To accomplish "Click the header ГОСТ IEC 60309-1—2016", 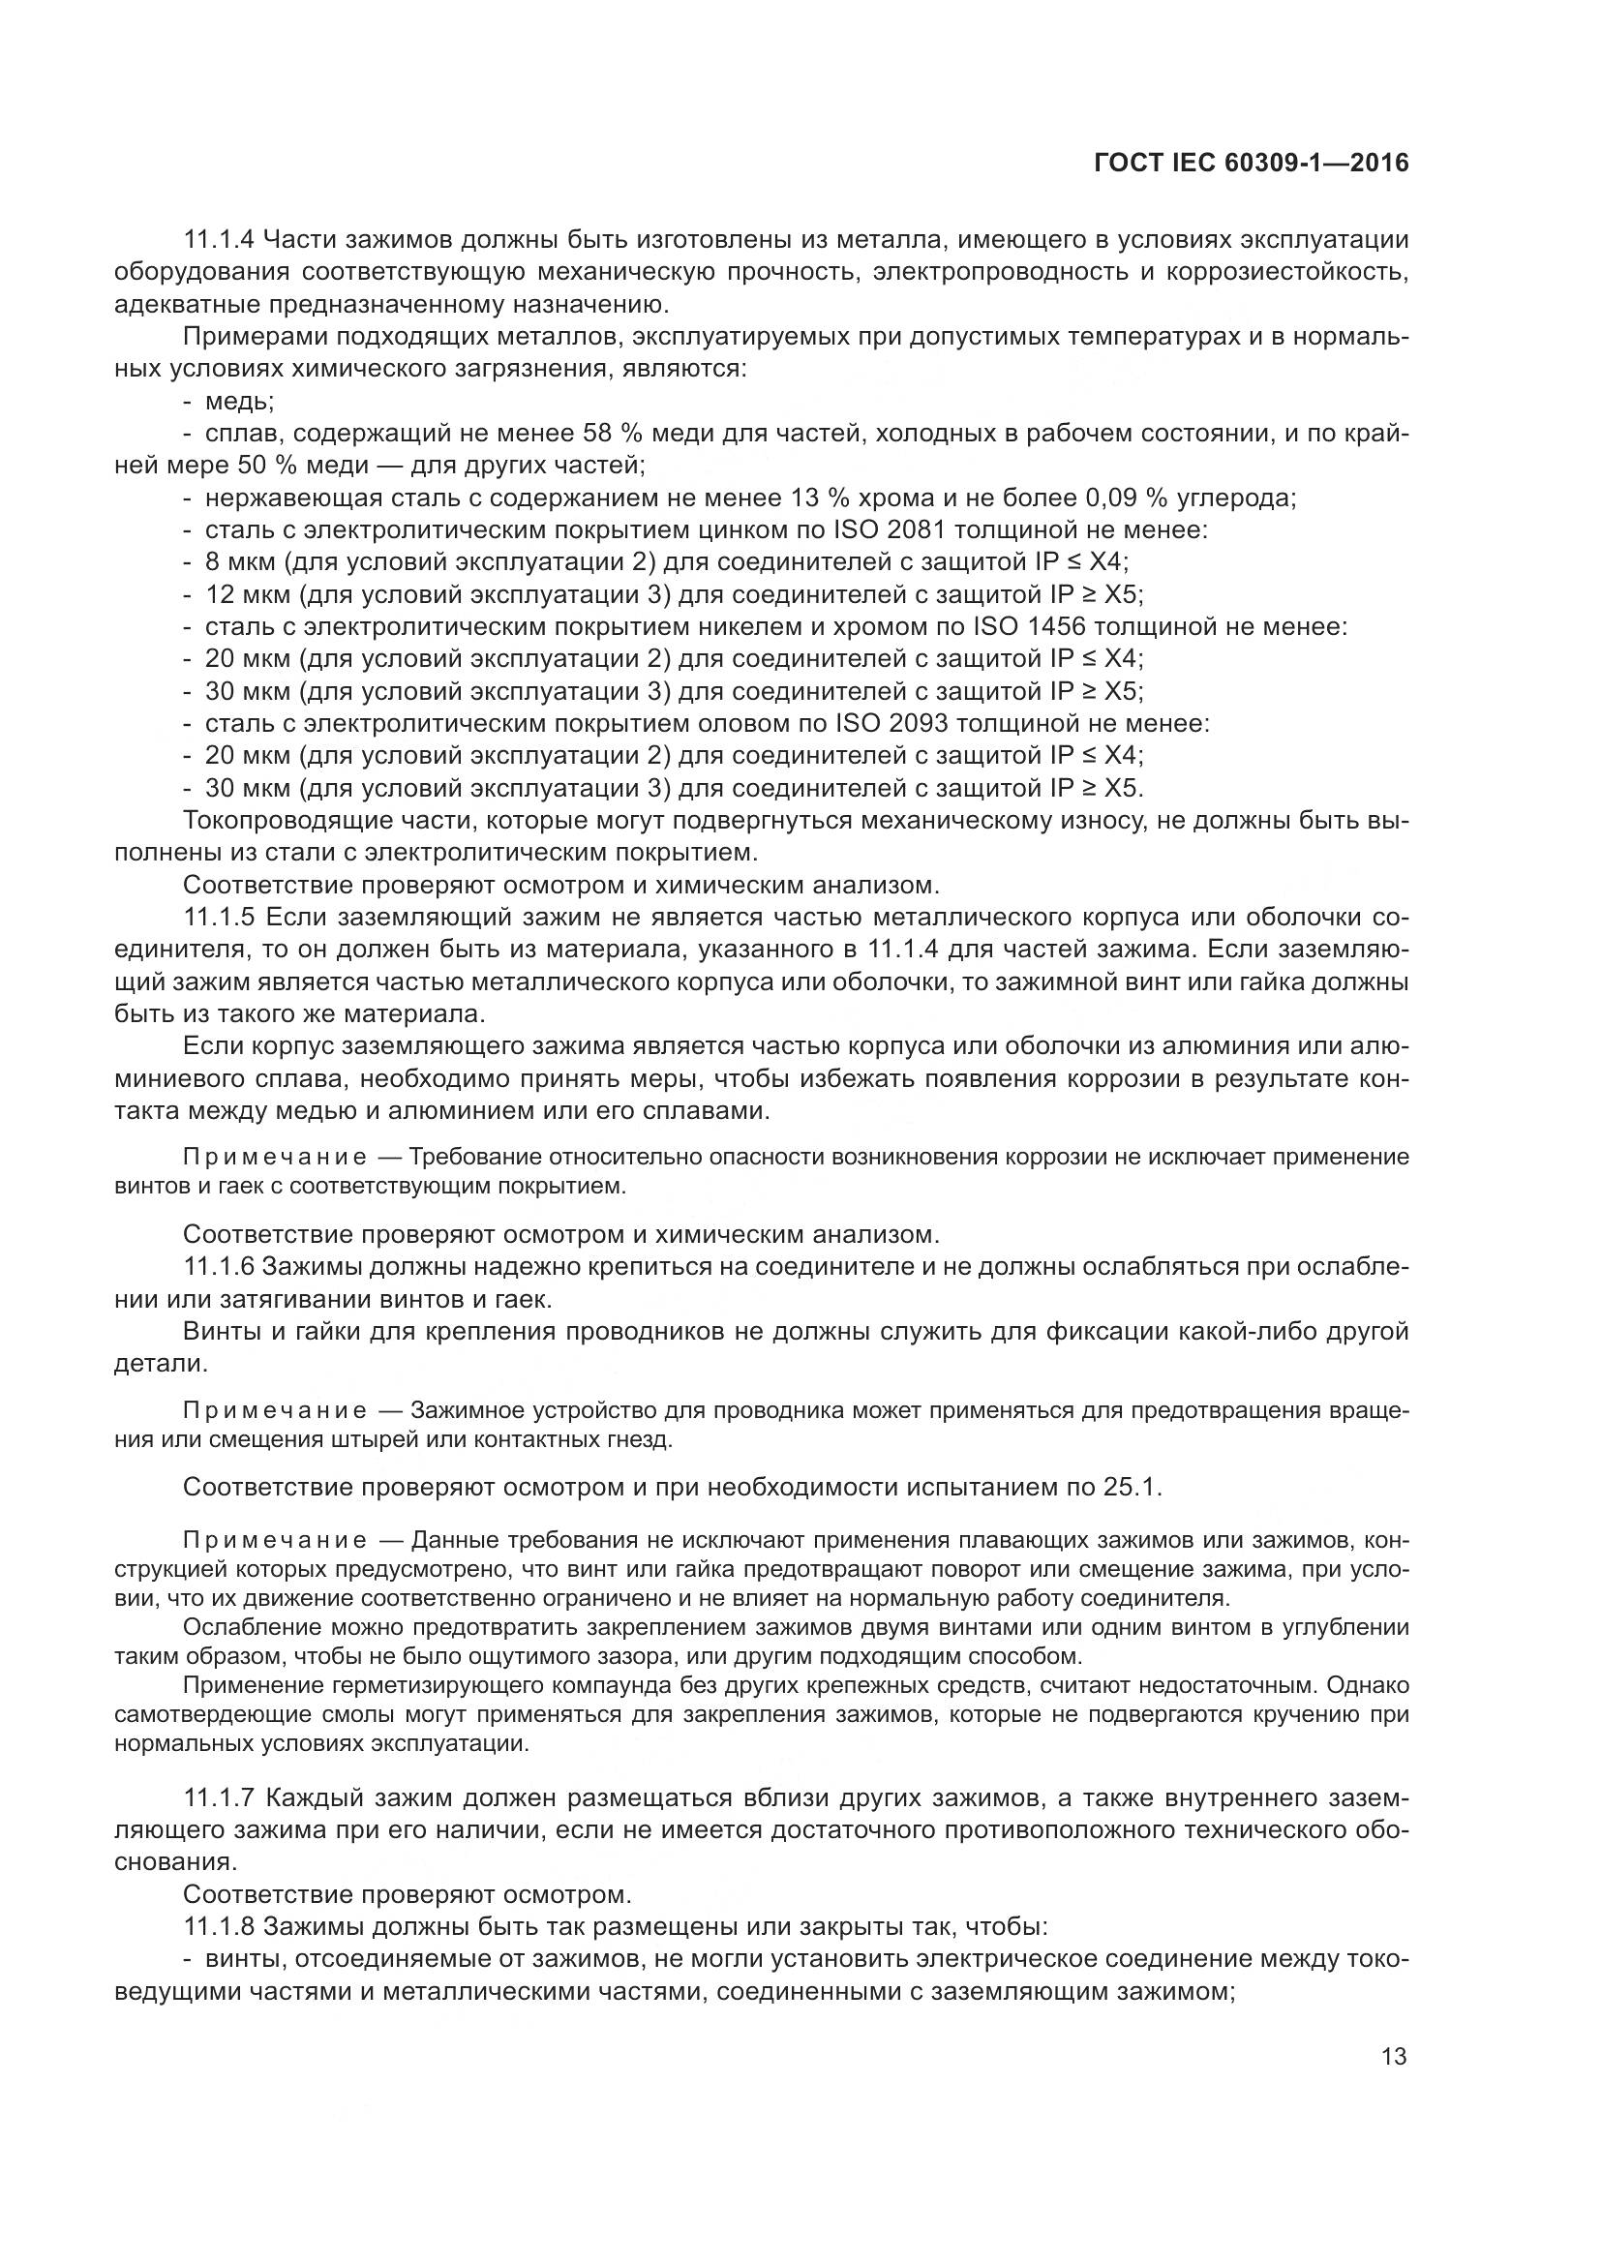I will coord(1251,164).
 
